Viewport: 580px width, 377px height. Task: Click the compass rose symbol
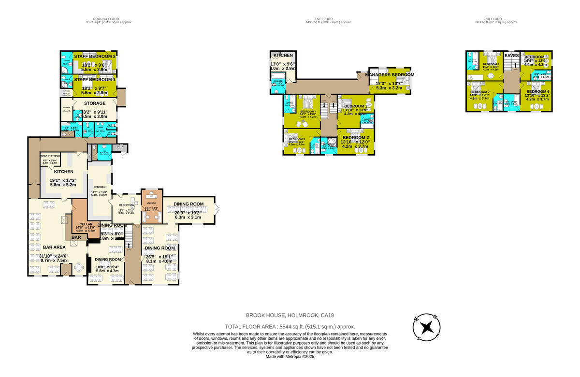click(x=426, y=327)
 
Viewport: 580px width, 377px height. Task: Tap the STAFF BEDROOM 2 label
click(x=95, y=57)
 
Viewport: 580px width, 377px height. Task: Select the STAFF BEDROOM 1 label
click(x=95, y=79)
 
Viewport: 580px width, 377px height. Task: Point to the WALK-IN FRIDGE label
click(x=50, y=156)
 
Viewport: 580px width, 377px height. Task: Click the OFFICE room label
click(x=151, y=203)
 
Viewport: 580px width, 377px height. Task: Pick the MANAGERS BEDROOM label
click(x=390, y=75)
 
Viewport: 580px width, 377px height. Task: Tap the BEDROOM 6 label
click(x=538, y=91)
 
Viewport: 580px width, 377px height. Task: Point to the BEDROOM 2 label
click(x=356, y=137)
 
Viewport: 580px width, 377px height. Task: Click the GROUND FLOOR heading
click(x=109, y=19)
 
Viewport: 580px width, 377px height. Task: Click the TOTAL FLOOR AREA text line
click(x=290, y=327)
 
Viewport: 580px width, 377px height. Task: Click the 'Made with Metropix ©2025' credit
click(x=290, y=356)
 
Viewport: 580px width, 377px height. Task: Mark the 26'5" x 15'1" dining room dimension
click(x=159, y=256)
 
